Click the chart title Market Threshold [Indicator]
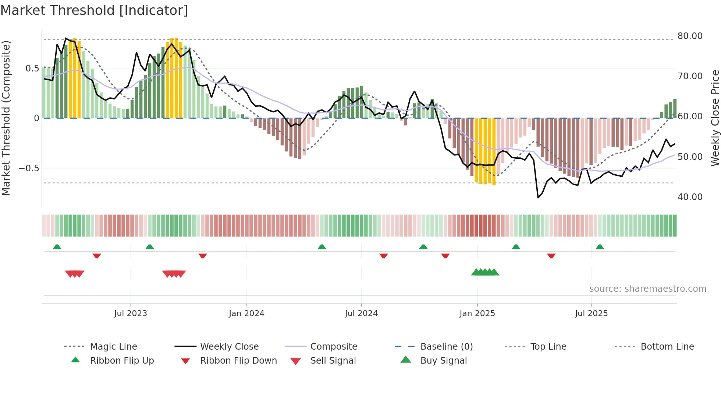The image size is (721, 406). pos(94,10)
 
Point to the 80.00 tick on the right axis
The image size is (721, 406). pos(690,36)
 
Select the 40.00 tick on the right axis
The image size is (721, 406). pos(690,197)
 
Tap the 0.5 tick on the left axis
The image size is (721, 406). pos(32,69)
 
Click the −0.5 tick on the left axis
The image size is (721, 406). pos(29,168)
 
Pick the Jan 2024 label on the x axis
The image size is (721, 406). pos(246,314)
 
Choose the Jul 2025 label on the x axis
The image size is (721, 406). pos(591,314)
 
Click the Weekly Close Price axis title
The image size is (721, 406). pos(715,118)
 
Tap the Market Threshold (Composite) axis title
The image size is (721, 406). pos(6,118)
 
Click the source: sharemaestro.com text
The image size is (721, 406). pos(647,289)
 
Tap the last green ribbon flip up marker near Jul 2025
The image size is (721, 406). pos(600,247)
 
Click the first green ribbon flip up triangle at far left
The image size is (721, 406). pos(57,247)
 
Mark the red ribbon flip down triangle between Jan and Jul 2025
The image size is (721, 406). pos(551,256)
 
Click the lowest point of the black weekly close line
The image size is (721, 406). pos(538,198)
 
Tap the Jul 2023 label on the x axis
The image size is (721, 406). pos(131,314)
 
